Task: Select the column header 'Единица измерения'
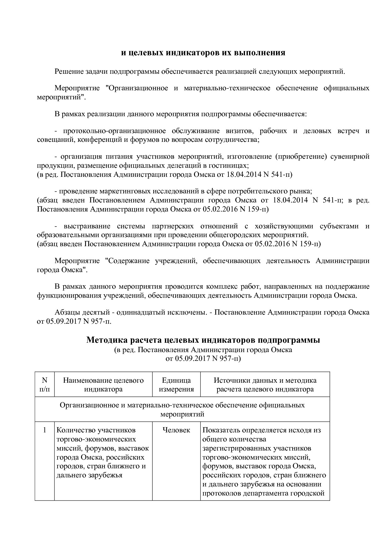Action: tap(176, 385)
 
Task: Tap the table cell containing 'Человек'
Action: tap(176, 430)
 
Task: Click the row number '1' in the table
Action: tap(45, 430)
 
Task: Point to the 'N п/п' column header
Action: tap(45, 385)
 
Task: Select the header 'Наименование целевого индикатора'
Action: tap(103, 385)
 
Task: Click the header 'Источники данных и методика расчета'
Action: tap(265, 385)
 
